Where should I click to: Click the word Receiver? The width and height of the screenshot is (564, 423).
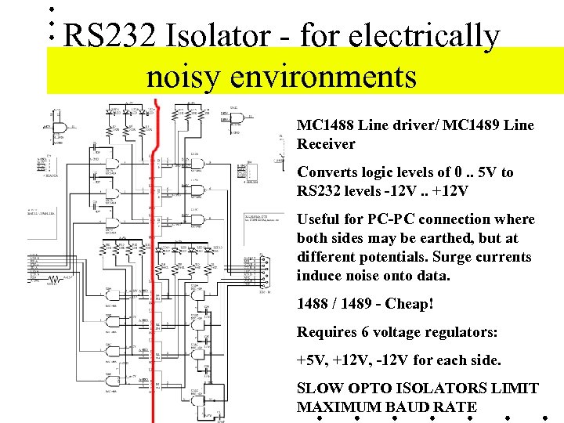326,144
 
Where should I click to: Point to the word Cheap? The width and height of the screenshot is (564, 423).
409,304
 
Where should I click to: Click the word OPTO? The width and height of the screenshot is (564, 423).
367,389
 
